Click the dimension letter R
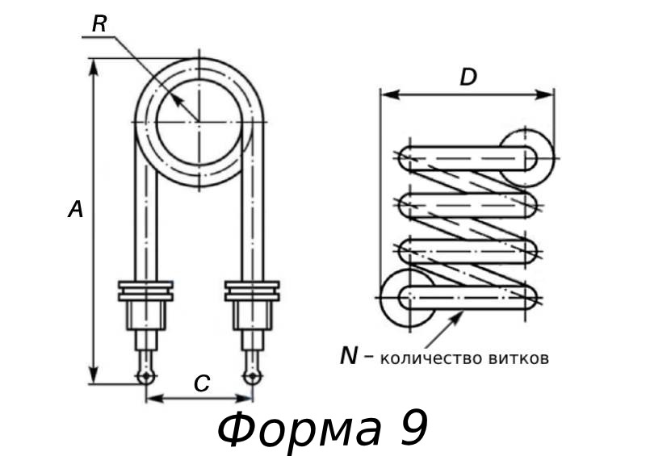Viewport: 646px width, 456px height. coord(99,24)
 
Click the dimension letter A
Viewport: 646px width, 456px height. coord(75,211)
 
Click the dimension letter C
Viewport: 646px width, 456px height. coord(202,385)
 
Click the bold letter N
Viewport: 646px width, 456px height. coord(348,356)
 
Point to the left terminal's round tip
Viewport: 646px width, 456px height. coord(145,377)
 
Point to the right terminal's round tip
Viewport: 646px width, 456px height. coord(252,377)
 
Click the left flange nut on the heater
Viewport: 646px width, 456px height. coord(145,291)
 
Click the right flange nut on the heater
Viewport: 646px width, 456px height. coord(252,291)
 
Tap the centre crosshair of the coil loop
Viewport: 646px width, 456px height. coord(199,122)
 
